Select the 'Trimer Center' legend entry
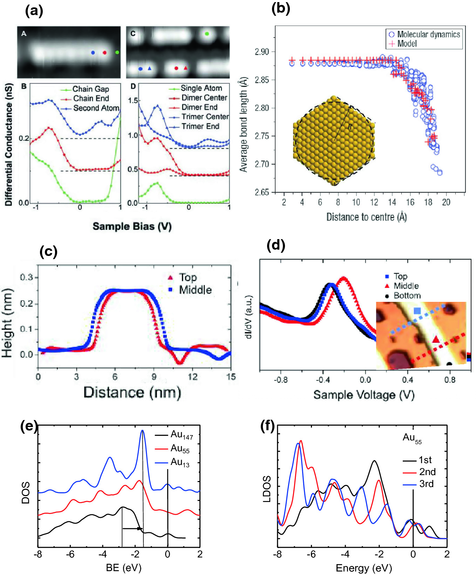(x=199, y=117)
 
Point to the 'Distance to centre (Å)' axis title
(x=367, y=217)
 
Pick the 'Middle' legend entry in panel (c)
(x=190, y=290)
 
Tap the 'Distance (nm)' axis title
(x=132, y=392)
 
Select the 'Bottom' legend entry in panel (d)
(x=403, y=296)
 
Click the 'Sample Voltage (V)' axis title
(x=364, y=395)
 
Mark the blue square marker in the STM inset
(x=417, y=311)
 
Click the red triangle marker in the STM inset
(x=436, y=339)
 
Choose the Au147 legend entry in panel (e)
(x=174, y=435)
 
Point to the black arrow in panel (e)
(x=132, y=528)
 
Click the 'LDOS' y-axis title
(x=267, y=489)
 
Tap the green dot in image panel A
(x=117, y=53)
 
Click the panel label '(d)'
(x=276, y=245)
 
